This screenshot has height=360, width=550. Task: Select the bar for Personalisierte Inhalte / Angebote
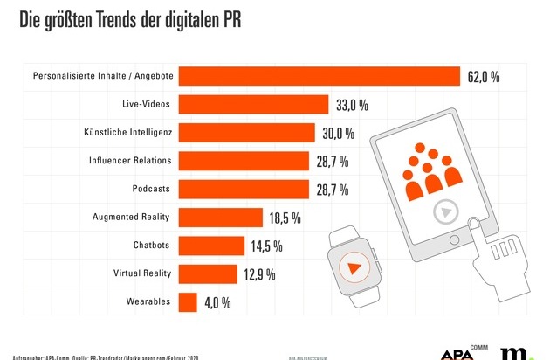tap(320, 76)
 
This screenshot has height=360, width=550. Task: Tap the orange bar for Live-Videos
tap(253, 104)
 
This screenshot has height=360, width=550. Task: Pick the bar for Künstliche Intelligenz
tap(246, 132)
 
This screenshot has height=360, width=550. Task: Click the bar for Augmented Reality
tap(220, 217)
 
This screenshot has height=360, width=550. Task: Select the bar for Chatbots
tap(210, 245)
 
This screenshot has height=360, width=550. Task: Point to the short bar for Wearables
tap(187, 301)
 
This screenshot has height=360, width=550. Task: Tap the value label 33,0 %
tap(352, 105)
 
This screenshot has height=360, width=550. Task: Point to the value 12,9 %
tap(259, 274)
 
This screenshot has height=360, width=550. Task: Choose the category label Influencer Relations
tap(130, 161)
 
